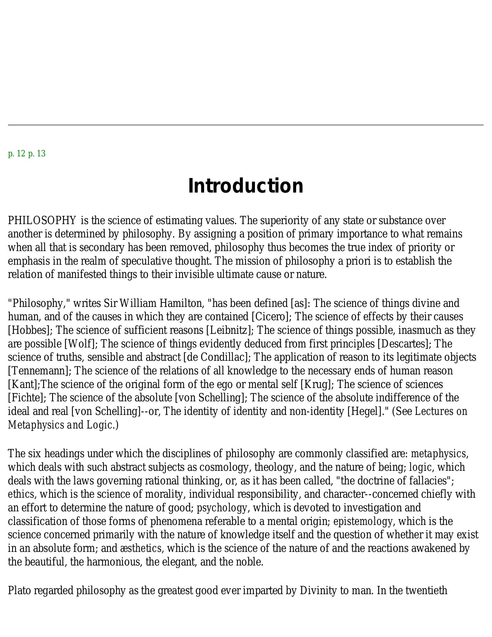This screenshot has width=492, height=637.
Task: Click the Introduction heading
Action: pyautogui.click(x=246, y=186)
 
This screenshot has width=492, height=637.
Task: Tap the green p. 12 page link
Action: pyautogui.click(x=16, y=153)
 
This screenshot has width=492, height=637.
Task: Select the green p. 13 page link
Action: pyautogui.click(x=37, y=153)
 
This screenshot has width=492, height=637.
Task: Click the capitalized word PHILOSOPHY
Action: pyautogui.click(x=42, y=221)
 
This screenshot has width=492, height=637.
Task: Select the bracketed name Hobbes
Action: pyautogui.click(x=30, y=330)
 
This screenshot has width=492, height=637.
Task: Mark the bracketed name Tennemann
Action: pyautogui.click(x=39, y=371)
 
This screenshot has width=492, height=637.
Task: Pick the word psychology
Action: pyautogui.click(x=222, y=508)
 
